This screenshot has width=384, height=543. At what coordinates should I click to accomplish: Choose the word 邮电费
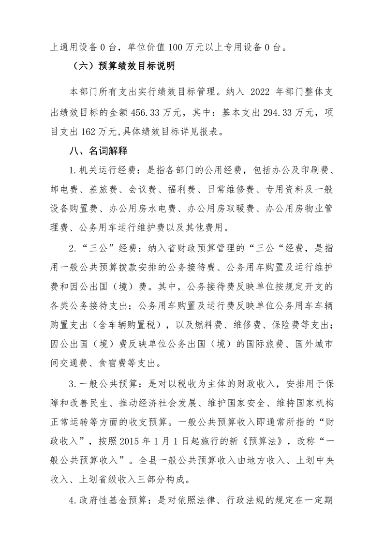63,189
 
